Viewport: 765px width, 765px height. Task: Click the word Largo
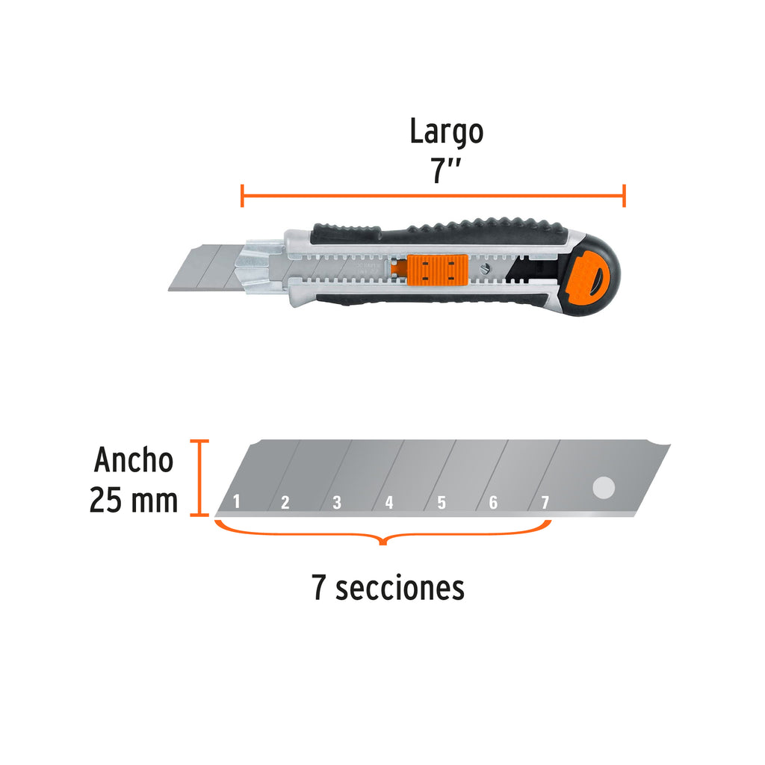(x=447, y=131)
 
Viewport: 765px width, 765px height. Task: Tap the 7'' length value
(x=445, y=170)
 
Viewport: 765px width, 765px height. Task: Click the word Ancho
(x=134, y=459)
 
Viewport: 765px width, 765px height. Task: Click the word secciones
(x=400, y=588)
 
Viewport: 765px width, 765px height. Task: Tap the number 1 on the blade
(x=237, y=501)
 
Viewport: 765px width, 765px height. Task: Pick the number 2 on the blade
(x=285, y=502)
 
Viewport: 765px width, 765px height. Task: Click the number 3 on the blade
(x=337, y=502)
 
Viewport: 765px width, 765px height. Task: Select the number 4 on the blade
(x=388, y=502)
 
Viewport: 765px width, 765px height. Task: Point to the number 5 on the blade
(x=441, y=502)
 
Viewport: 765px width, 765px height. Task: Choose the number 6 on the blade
(x=493, y=502)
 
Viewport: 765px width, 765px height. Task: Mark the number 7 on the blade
(x=545, y=502)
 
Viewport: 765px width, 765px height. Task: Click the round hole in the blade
(x=604, y=488)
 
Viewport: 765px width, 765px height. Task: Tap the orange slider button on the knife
(x=438, y=270)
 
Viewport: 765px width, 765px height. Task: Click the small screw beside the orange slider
(x=483, y=269)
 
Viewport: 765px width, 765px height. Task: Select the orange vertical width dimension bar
(x=199, y=477)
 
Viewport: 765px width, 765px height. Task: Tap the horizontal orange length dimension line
(x=433, y=196)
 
